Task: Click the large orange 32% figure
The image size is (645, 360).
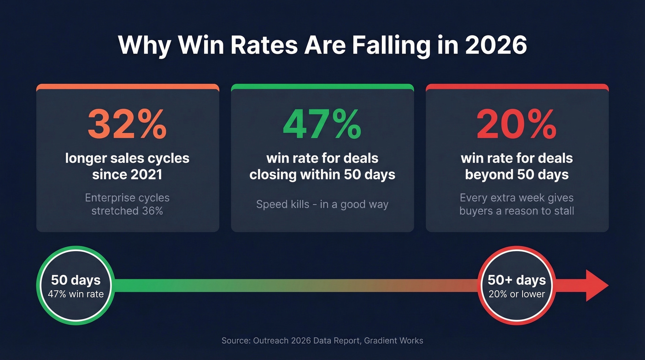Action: pos(127,124)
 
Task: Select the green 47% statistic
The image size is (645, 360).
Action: pos(322,124)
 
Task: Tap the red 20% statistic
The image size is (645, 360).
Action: pos(516,124)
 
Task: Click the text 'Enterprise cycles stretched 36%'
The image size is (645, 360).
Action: pos(127,204)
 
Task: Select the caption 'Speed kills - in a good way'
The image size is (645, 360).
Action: pos(322,204)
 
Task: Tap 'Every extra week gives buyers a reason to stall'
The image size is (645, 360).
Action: pos(516,204)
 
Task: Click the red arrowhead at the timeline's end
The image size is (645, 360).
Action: pos(596,286)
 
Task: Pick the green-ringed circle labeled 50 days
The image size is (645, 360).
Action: pos(76,286)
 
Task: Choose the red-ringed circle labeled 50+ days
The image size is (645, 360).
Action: pos(516,286)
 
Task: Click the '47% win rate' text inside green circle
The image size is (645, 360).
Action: pos(76,294)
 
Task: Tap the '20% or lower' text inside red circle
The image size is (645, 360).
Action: pos(516,294)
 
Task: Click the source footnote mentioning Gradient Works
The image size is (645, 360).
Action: pos(322,341)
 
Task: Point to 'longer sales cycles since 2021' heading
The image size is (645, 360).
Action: pos(127,166)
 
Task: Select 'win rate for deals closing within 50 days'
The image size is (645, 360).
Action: pos(322,166)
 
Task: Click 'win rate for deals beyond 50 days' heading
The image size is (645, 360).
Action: pos(516,166)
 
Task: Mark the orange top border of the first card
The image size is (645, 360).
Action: pos(127,87)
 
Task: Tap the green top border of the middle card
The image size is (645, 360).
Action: pos(322,87)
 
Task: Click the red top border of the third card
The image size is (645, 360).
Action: pos(516,87)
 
